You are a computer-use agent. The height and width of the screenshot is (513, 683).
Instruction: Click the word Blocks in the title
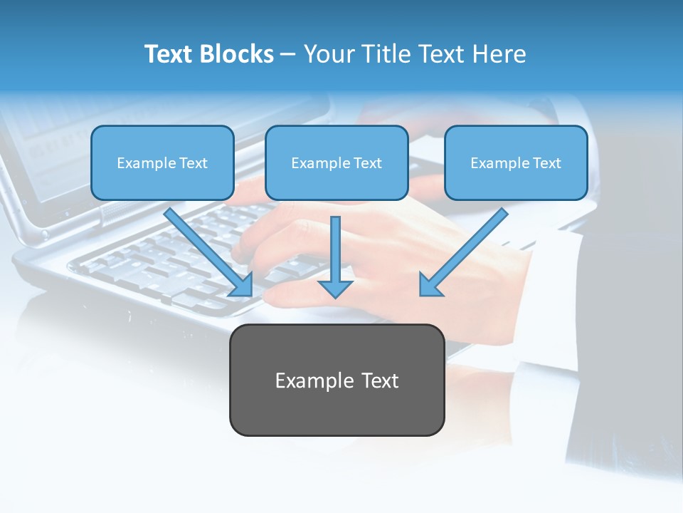tap(238, 54)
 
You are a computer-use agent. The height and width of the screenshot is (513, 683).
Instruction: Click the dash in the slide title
tap(288, 55)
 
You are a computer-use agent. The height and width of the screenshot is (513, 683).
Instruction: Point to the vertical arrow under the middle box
tap(335, 249)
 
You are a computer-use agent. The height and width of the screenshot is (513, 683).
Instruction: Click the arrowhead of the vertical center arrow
tap(335, 289)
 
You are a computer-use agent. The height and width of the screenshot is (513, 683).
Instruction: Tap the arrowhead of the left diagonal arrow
tap(243, 286)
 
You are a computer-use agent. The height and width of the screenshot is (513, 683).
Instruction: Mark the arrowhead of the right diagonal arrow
tap(429, 286)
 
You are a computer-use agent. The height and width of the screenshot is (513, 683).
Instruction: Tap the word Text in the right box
tap(546, 163)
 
